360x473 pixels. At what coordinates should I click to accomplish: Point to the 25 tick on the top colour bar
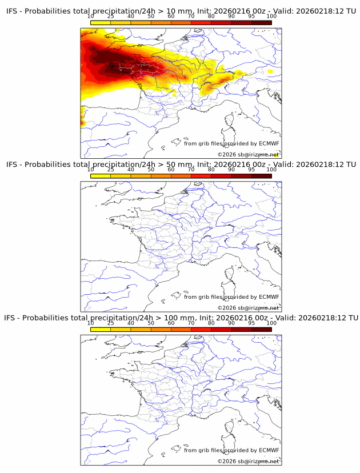pos(110,17)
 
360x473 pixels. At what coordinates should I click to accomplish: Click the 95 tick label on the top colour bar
pos(251,17)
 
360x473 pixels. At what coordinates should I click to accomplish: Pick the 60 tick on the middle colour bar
pos(171,170)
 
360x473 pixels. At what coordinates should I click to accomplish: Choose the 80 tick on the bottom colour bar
pos(211,323)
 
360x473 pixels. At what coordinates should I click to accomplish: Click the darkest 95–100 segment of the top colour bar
pos(261,22)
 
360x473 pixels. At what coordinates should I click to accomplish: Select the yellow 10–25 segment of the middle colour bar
pos(100,175)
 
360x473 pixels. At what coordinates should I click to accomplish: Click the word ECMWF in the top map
pos(269,143)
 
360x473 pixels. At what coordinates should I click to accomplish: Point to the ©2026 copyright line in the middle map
pos(247,308)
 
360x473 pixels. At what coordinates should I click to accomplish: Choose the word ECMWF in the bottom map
pos(269,450)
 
